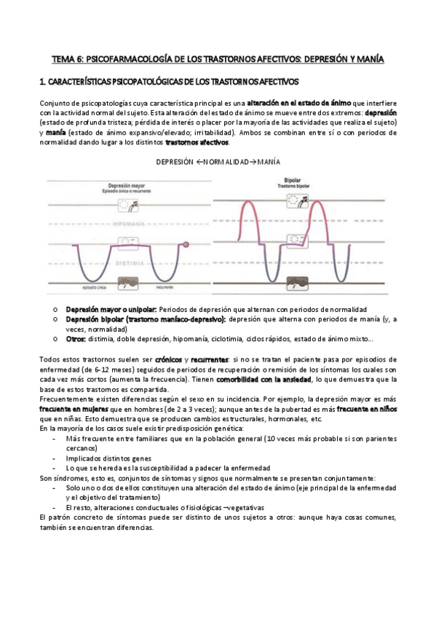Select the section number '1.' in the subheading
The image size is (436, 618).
42,82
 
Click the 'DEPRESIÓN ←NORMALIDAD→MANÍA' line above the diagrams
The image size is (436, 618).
218,161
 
